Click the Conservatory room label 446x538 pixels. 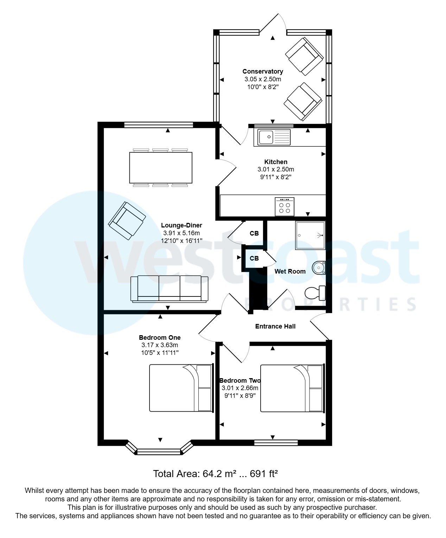click(x=262, y=71)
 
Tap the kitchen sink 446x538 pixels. click(x=274, y=137)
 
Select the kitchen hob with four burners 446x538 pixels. click(x=284, y=207)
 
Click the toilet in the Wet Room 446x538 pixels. click(x=314, y=293)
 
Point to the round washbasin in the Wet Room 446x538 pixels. click(x=319, y=268)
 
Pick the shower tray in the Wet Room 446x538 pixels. click(x=311, y=235)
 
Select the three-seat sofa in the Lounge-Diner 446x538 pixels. click(x=169, y=289)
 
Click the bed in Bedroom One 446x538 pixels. click(x=181, y=388)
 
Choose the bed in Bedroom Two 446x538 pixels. click(x=292, y=388)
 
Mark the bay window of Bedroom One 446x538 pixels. click(x=159, y=451)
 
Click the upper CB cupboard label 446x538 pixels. click(x=254, y=233)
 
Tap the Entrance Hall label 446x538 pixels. click(x=275, y=326)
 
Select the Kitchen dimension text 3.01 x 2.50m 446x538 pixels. click(x=275, y=169)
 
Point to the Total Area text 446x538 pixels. click(x=215, y=474)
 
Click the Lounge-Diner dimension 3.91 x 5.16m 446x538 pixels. click(x=181, y=233)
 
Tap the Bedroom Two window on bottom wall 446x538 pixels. click(x=276, y=443)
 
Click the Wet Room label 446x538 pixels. click(x=290, y=271)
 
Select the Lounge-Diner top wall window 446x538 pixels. click(x=158, y=124)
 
